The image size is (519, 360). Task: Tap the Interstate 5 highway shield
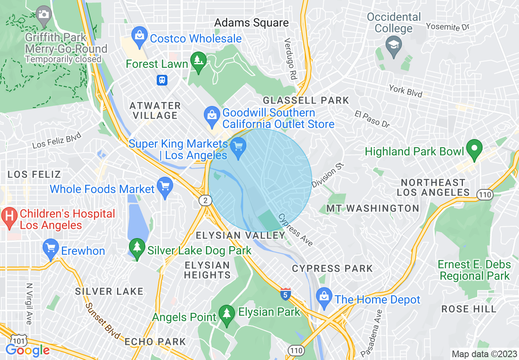(286, 294)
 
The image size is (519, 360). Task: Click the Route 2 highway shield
(205, 200)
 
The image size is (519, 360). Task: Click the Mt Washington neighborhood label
(372, 208)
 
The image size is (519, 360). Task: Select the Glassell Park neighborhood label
(306, 100)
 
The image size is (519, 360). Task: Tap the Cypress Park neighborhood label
(332, 269)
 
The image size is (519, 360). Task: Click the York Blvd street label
(405, 91)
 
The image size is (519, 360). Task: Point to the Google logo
(28, 350)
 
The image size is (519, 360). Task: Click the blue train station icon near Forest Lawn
(162, 80)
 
